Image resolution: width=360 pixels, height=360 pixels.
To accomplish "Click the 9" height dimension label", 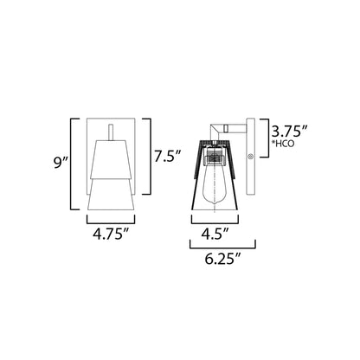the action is pyautogui.click(x=60, y=164).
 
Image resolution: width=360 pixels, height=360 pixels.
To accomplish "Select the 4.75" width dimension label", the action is pyautogui.click(x=111, y=234).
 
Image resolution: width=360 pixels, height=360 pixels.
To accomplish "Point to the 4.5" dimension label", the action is pyautogui.click(x=215, y=234).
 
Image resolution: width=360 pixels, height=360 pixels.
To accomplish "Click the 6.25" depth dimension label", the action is pyautogui.click(x=222, y=259).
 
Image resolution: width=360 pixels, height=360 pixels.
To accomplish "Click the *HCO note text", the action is pyautogui.click(x=282, y=144).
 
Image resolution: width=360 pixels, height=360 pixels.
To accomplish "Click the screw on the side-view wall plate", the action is pyautogui.click(x=250, y=157).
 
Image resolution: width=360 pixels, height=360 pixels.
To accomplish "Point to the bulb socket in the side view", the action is pyautogui.click(x=214, y=157).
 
